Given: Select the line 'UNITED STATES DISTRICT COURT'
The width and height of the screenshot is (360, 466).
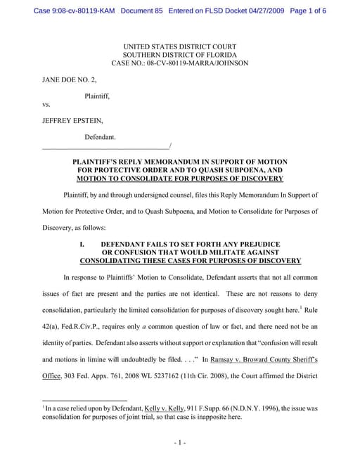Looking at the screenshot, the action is (x=179, y=46).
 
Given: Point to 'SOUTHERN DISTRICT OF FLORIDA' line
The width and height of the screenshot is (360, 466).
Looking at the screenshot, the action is (x=179, y=55).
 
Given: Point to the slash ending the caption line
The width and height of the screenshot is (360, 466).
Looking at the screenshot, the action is (x=170, y=146).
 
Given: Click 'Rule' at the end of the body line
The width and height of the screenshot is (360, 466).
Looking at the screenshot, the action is (x=311, y=309).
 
